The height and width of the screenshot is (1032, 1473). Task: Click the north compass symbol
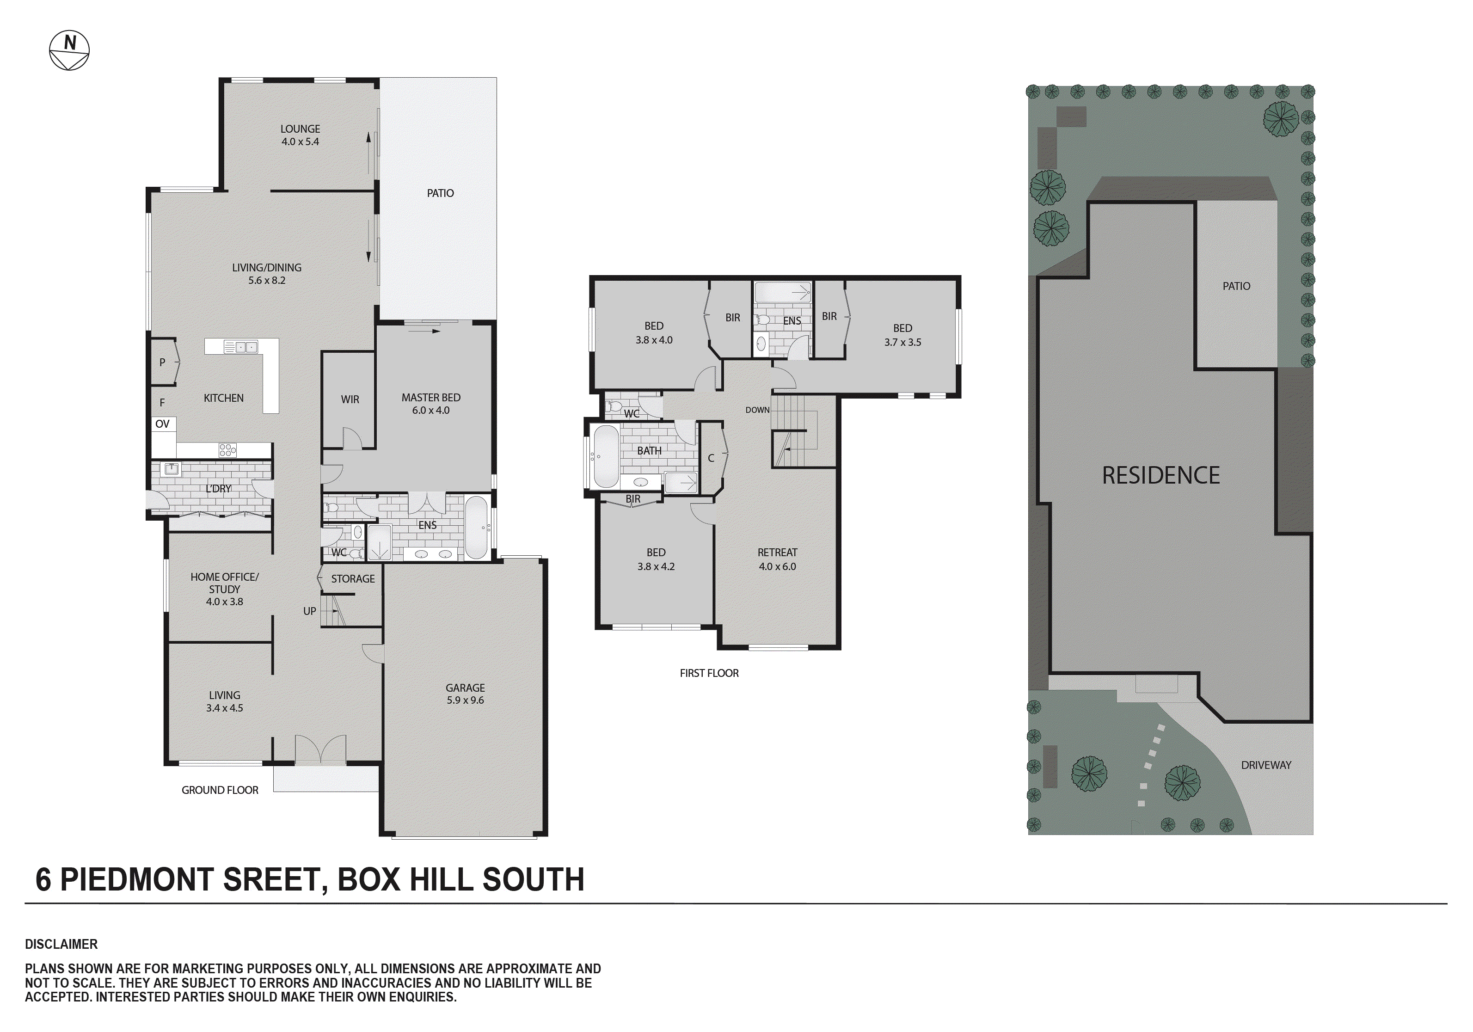coord(69,50)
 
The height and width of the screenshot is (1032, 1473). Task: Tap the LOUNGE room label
coord(300,129)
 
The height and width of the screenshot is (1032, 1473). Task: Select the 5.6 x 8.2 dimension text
coord(267,281)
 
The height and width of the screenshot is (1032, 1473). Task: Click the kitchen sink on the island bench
coord(240,347)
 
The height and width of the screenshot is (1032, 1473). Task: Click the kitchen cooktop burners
coord(227,450)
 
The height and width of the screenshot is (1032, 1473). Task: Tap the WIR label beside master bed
coord(350,399)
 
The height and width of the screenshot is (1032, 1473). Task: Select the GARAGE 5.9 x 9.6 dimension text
coord(465,700)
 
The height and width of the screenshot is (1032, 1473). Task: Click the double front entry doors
coord(320,749)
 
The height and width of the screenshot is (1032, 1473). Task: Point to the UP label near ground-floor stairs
coord(309,611)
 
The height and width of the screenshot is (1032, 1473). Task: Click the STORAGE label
coord(353,579)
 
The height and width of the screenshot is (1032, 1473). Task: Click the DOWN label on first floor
coord(757,410)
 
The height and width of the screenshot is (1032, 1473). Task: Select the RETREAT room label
coord(777,553)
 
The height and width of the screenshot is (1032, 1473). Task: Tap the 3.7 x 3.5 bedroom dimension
coord(902,343)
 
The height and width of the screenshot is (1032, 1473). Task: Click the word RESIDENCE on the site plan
coord(1160,476)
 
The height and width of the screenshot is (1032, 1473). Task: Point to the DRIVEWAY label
coord(1266,765)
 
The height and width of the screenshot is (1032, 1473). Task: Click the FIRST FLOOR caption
coord(709,673)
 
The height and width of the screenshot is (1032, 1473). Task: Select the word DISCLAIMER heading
coord(61,944)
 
